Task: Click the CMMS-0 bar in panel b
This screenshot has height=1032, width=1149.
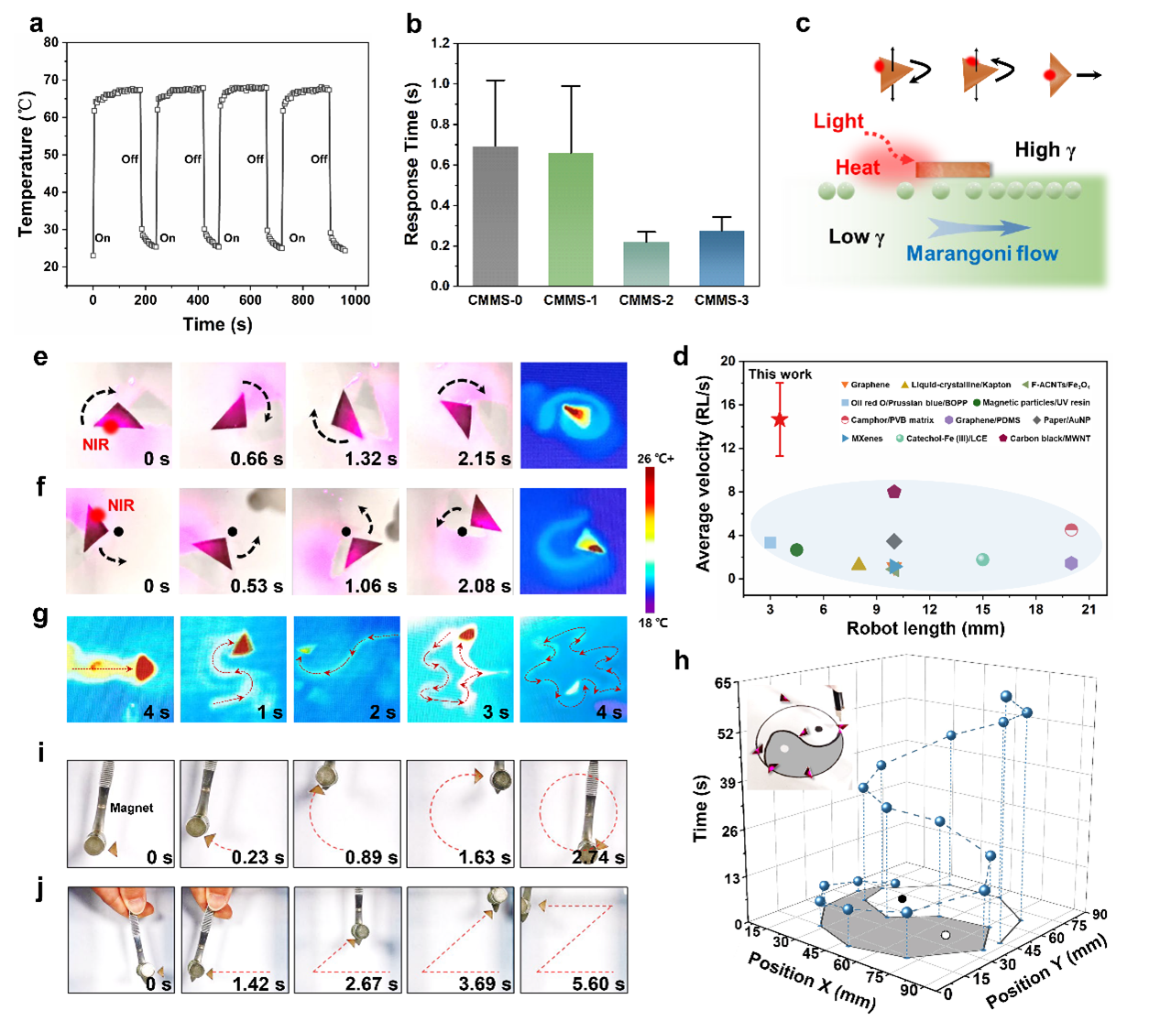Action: click(496, 216)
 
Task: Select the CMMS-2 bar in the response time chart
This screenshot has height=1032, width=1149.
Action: click(646, 264)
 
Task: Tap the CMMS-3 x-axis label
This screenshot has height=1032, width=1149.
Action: click(721, 300)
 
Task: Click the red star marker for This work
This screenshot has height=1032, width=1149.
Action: click(780, 419)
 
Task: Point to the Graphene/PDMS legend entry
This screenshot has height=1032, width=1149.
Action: click(982, 420)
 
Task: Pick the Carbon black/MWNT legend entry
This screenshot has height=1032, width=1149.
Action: click(1045, 439)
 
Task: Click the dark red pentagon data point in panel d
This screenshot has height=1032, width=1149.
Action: click(894, 492)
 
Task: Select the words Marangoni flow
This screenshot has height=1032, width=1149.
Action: click(981, 254)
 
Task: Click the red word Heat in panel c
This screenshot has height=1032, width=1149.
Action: click(857, 168)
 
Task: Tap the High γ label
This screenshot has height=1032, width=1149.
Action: click(1045, 150)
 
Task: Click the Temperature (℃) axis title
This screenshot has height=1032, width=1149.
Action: click(26, 164)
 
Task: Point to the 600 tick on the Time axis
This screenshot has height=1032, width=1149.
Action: click(250, 299)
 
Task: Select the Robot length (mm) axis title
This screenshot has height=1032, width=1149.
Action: click(925, 628)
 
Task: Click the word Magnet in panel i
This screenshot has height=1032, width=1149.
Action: click(131, 808)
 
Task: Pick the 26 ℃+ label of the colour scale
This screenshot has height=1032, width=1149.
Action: click(655, 459)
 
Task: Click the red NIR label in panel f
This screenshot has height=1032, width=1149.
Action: click(121, 505)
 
